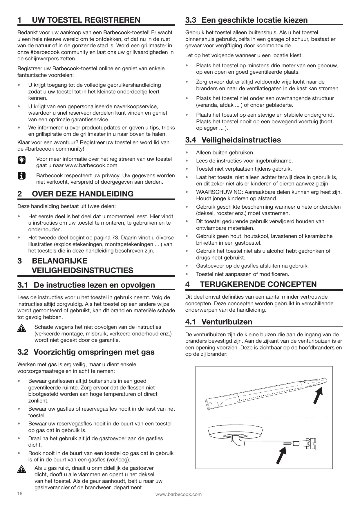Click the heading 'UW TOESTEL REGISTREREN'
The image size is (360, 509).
pyautogui.click(x=86, y=20)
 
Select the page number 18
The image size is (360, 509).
pyautogui.click(x=20, y=493)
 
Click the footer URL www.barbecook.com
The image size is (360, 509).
pyautogui.click(x=178, y=494)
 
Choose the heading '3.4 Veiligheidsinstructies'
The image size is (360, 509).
pyautogui.click(x=233, y=140)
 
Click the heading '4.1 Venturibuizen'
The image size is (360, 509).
pyautogui.click(x=219, y=322)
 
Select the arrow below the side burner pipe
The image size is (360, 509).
pyautogui.click(x=281, y=456)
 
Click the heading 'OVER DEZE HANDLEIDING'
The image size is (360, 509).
pyautogui.click(x=83, y=194)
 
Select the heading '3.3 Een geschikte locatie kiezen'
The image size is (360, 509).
pyautogui.click(x=247, y=20)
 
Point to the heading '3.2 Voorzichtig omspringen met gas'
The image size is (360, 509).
pyautogui.click(x=86, y=352)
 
